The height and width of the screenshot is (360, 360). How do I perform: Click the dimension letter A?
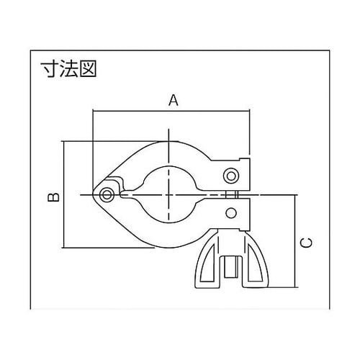pos(174,100)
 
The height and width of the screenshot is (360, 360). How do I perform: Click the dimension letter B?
pos(53,197)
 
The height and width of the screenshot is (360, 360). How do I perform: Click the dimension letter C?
pos(307,243)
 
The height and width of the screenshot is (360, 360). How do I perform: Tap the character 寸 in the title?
pos(50,68)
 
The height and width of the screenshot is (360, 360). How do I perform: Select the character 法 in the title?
pos(69,68)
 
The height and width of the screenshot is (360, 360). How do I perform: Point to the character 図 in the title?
pos(88,68)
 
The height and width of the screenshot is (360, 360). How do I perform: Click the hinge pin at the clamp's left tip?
pos(107,194)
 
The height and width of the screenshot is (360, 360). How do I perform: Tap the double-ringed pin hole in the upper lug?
pos(231,176)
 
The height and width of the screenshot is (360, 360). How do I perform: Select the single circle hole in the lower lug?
pos(231,213)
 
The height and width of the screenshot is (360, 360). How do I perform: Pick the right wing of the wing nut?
pos(256,264)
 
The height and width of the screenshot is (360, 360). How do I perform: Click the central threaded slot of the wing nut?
pos(230,266)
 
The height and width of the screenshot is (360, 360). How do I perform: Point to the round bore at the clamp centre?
pos(168,194)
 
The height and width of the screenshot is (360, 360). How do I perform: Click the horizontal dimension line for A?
pos(171,111)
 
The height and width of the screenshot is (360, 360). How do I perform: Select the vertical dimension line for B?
pos(64,194)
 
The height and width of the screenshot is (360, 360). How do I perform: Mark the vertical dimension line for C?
pos(294,241)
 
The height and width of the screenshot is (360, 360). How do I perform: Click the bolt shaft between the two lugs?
pos(232,194)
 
